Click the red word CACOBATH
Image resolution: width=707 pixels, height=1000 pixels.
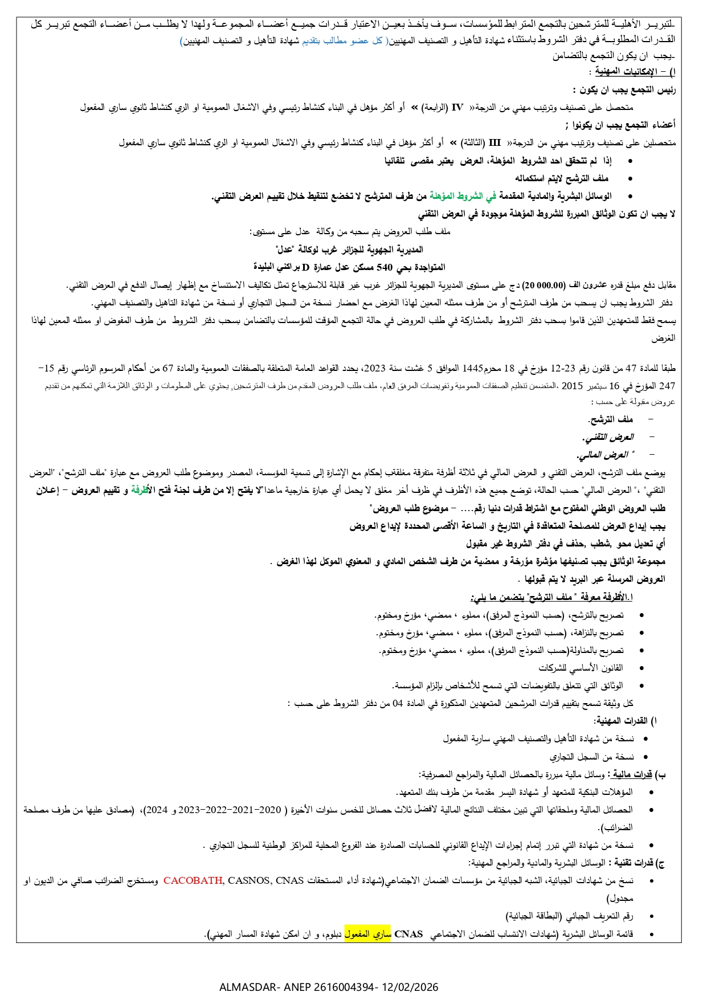point(193,880)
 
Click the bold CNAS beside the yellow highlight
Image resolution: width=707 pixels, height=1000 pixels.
point(408,934)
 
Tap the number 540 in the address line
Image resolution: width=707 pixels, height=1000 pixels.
point(385,267)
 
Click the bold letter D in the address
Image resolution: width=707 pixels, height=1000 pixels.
point(305,267)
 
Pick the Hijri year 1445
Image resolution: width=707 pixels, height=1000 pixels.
point(472,368)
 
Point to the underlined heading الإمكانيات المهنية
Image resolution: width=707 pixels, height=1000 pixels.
point(626,72)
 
